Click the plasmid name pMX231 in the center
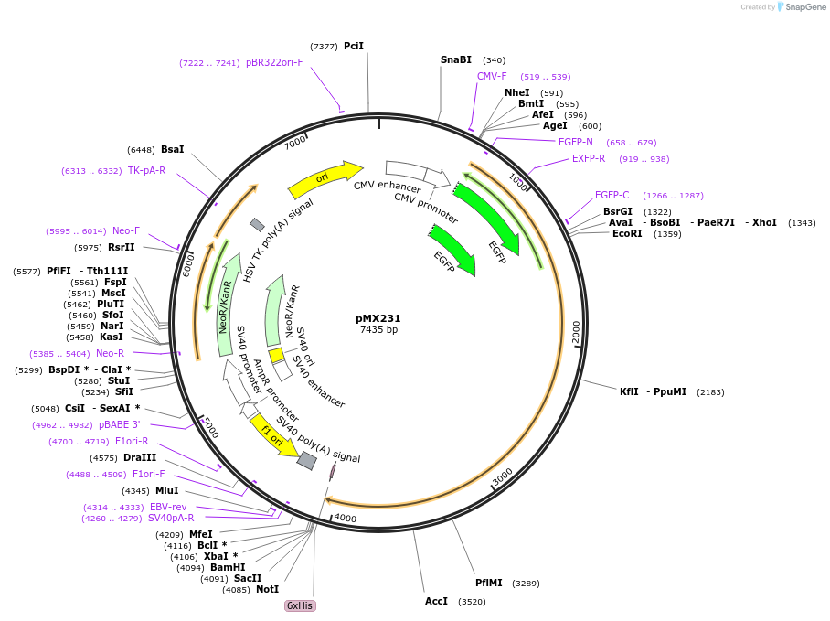tap(378, 318)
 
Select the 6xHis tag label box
tap(301, 605)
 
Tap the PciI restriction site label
tap(354, 46)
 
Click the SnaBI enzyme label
tap(456, 60)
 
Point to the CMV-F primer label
tap(492, 77)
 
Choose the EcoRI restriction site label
tap(627, 233)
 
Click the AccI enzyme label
tap(437, 601)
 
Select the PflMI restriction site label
tap(489, 583)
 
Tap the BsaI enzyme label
tap(172, 149)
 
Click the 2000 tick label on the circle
tap(576, 332)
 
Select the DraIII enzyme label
tap(140, 457)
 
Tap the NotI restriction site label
tap(268, 590)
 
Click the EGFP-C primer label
tap(612, 195)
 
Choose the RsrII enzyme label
tap(122, 247)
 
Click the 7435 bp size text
tap(378, 330)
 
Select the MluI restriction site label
tap(166, 490)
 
